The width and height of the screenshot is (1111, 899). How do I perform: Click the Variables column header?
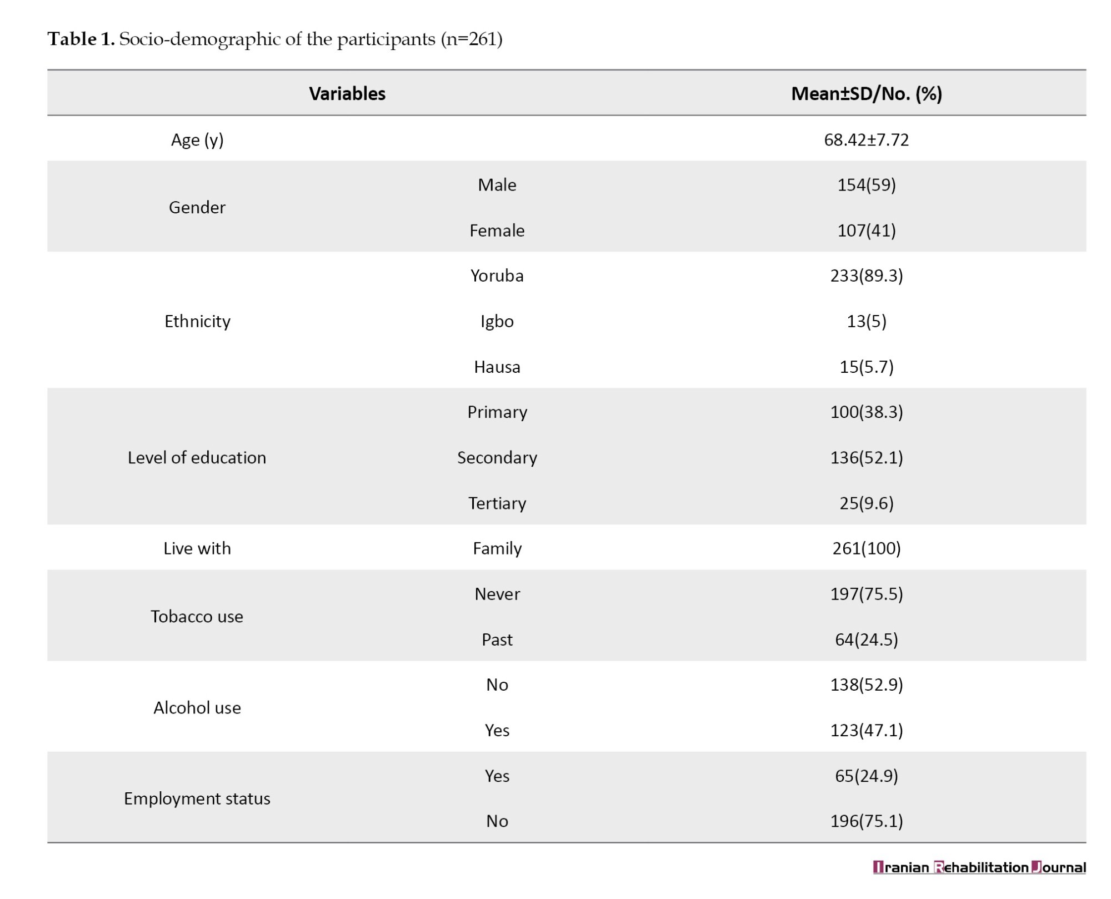(347, 93)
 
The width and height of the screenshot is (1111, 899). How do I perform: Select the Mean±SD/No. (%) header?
(867, 93)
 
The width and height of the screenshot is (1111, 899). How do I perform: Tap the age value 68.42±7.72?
(867, 139)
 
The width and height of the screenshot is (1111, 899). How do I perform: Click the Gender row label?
(197, 207)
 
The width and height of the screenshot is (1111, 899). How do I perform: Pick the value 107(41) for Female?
(867, 230)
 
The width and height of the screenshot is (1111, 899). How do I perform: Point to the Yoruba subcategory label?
(497, 276)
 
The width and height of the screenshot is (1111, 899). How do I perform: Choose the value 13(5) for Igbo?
(867, 321)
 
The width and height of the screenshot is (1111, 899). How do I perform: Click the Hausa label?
(497, 367)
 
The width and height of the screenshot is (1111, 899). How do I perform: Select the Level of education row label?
(197, 457)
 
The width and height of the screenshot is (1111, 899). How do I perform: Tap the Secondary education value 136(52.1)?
(867, 457)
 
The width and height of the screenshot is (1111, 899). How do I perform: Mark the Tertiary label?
(497, 503)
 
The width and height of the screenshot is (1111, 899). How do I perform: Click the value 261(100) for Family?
(867, 548)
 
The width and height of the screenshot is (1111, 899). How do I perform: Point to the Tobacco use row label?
(197, 616)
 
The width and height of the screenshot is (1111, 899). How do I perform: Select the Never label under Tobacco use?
(497, 594)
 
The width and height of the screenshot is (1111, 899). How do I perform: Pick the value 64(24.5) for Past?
(867, 640)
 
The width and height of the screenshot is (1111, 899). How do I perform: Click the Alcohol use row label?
(197, 707)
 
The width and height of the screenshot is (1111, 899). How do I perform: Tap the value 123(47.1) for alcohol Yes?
(867, 730)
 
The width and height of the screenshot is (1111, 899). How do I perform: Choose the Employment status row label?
(197, 798)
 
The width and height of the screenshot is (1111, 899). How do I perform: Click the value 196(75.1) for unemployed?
(867, 821)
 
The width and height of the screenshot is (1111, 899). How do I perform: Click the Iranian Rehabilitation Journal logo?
(979, 867)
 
